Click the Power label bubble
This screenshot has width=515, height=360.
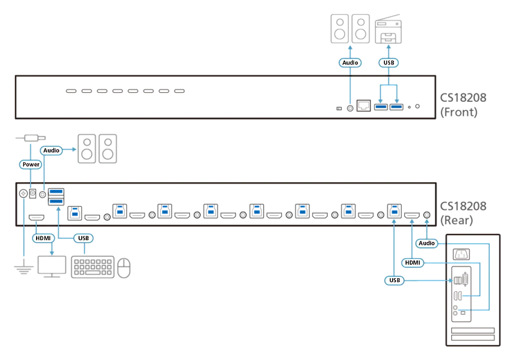tap(30, 164)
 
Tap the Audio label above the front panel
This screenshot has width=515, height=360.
tap(350, 62)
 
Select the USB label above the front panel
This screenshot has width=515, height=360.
tap(389, 62)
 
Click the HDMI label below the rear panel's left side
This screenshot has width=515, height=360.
tap(43, 238)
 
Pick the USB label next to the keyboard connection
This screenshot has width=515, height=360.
tap(84, 238)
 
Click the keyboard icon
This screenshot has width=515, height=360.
tap(93, 267)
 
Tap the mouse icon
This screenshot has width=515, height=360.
tap(124, 268)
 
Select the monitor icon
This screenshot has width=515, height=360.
tap(52, 267)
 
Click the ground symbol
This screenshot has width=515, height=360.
tap(24, 269)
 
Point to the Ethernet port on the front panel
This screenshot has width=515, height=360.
tap(364, 106)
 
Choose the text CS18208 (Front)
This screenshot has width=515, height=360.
tap(463, 105)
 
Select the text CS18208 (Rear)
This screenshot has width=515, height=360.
tap(463, 213)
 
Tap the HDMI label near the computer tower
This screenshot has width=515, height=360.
tap(413, 263)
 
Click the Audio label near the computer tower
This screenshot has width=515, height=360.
tap(427, 243)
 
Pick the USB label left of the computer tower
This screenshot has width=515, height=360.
tap(395, 280)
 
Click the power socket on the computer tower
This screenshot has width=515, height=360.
tap(461, 254)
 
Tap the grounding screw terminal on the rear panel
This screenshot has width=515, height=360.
tap(23, 193)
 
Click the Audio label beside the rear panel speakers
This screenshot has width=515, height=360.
tap(51, 150)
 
